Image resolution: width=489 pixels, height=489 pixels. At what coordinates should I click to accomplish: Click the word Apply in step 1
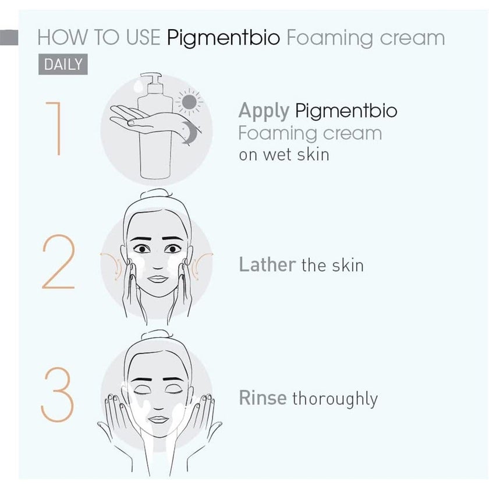(x=263, y=110)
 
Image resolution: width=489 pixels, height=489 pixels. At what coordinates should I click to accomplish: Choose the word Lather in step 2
(x=267, y=265)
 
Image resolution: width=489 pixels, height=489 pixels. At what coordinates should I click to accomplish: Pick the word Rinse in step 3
(x=263, y=398)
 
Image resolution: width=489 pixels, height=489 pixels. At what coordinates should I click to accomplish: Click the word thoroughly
(x=335, y=399)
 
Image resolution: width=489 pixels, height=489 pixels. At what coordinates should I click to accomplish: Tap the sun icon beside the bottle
(x=189, y=103)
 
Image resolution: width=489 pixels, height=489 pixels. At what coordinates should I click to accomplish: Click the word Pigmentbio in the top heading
(x=224, y=38)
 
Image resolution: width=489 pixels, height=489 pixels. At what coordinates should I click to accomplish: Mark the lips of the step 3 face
(x=157, y=419)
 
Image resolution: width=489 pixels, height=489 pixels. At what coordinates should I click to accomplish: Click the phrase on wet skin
(x=284, y=155)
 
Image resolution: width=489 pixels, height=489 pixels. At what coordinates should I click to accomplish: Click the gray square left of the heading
(x=10, y=37)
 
